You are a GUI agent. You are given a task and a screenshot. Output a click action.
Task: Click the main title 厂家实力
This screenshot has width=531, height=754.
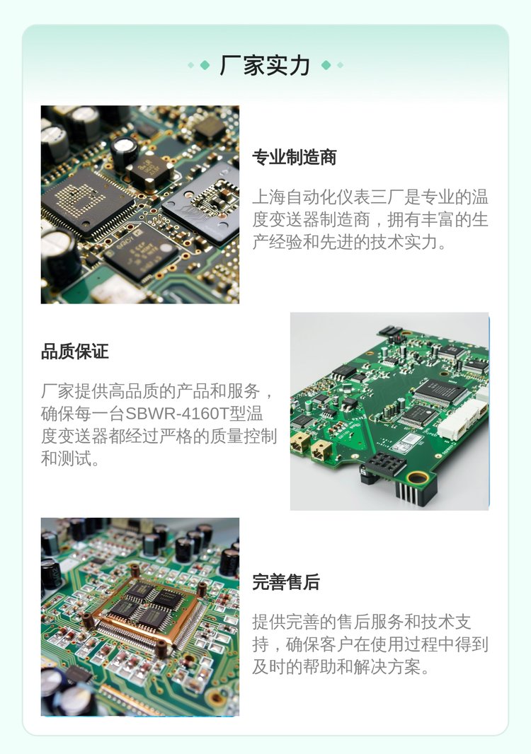(265, 65)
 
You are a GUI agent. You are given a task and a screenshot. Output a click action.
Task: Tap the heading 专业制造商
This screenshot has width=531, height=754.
(294, 157)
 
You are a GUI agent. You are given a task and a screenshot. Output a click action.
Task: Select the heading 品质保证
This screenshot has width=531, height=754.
(74, 351)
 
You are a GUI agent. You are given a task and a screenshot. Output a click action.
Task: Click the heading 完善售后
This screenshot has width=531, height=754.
(286, 582)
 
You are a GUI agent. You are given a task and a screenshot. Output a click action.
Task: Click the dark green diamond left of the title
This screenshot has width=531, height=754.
(205, 65)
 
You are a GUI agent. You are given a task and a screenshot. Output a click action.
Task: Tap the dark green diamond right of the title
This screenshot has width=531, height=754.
(326, 65)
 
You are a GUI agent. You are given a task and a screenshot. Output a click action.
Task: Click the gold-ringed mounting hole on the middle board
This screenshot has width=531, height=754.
(418, 477)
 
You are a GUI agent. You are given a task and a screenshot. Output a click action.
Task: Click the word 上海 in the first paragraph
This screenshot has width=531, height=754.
(269, 197)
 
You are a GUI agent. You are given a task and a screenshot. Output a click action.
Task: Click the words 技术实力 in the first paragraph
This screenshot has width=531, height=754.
(404, 243)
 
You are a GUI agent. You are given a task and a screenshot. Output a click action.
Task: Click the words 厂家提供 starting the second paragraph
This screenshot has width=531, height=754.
(74, 391)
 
